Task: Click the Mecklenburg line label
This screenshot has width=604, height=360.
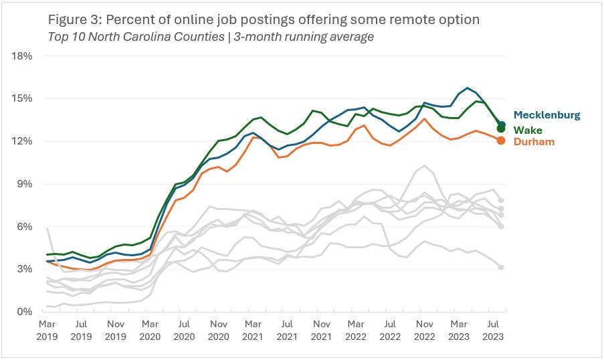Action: click(x=546, y=115)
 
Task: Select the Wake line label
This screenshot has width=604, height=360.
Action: click(x=528, y=130)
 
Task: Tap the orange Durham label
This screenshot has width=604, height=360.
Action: click(x=534, y=142)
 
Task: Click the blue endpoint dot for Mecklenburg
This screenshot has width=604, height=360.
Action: click(x=502, y=124)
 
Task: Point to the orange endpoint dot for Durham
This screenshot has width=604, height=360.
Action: click(x=501, y=140)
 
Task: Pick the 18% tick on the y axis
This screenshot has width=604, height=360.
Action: click(x=23, y=56)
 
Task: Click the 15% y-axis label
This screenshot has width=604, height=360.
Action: click(x=23, y=98)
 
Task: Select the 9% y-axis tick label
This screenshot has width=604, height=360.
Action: click(x=25, y=184)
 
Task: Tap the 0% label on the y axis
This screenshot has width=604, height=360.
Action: click(x=25, y=312)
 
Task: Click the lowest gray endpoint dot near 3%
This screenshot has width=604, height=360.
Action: click(x=501, y=267)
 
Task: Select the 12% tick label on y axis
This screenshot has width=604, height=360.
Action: click(x=23, y=141)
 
